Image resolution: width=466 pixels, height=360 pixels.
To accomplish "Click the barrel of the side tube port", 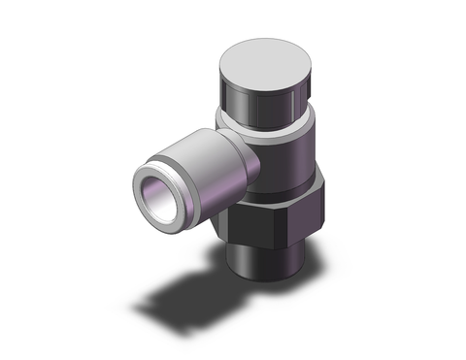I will click(x=199, y=160).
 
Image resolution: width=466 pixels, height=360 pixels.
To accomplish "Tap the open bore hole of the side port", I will click(x=155, y=184).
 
